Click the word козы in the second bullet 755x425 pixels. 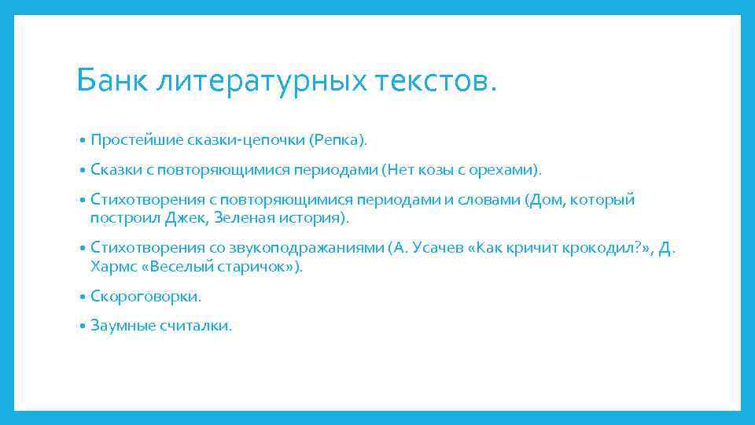coord(429,169)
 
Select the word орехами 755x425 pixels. coord(503,169)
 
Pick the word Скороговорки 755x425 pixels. coord(145,297)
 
